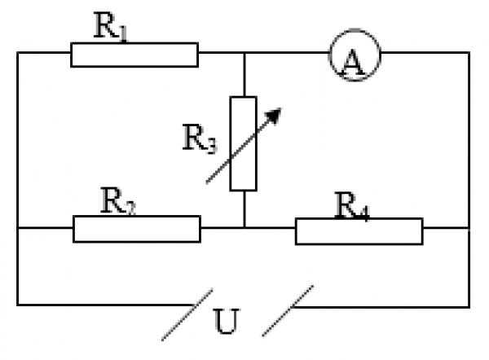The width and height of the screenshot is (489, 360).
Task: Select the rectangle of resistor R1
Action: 134,55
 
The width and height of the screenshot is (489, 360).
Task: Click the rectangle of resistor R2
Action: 136,229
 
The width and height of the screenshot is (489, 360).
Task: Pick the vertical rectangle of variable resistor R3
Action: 243,143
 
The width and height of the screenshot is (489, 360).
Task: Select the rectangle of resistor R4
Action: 359,230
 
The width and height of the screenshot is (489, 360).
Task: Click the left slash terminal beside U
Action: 187,314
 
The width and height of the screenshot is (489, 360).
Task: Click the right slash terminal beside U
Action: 288,310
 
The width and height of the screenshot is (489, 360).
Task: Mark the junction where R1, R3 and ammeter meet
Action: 244,54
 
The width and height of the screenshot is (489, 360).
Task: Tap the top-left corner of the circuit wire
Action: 17,54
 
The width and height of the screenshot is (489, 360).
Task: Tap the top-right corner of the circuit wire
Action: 469,54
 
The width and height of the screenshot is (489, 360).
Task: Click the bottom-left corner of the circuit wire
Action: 17,305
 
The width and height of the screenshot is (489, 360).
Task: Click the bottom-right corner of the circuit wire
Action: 469,305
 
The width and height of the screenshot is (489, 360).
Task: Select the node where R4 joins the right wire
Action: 469,229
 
